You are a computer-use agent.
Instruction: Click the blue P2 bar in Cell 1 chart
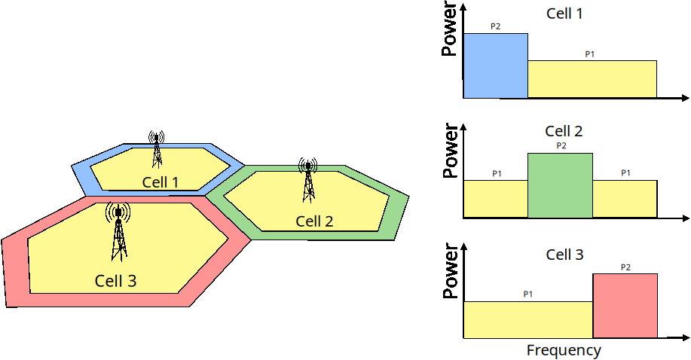click(x=496, y=66)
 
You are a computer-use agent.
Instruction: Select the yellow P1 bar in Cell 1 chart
click(x=592, y=79)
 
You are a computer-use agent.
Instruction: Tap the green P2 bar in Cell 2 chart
click(x=560, y=185)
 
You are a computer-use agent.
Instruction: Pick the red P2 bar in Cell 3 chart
click(x=625, y=306)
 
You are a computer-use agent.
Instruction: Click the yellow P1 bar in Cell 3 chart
click(x=528, y=320)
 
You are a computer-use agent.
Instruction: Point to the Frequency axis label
click(x=564, y=350)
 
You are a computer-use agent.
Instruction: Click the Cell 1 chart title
click(x=564, y=14)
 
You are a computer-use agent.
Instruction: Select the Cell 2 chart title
click(x=564, y=131)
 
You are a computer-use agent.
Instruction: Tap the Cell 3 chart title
click(x=564, y=255)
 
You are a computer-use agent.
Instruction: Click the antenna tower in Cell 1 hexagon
click(x=157, y=149)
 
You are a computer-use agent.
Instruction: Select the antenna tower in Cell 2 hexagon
click(x=308, y=180)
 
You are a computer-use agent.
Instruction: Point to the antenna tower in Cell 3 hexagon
click(x=118, y=232)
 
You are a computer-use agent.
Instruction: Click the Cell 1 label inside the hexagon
click(x=160, y=182)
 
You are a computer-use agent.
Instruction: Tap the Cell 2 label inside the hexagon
click(x=314, y=221)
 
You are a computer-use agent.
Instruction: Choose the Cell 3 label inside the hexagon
click(x=115, y=281)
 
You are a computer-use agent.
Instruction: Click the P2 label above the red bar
click(x=625, y=267)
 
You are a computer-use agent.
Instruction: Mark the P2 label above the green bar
click(x=561, y=145)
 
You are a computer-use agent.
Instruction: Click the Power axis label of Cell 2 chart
click(x=450, y=151)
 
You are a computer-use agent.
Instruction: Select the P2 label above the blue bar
click(x=495, y=26)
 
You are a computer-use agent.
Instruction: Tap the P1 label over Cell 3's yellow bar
click(x=528, y=294)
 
